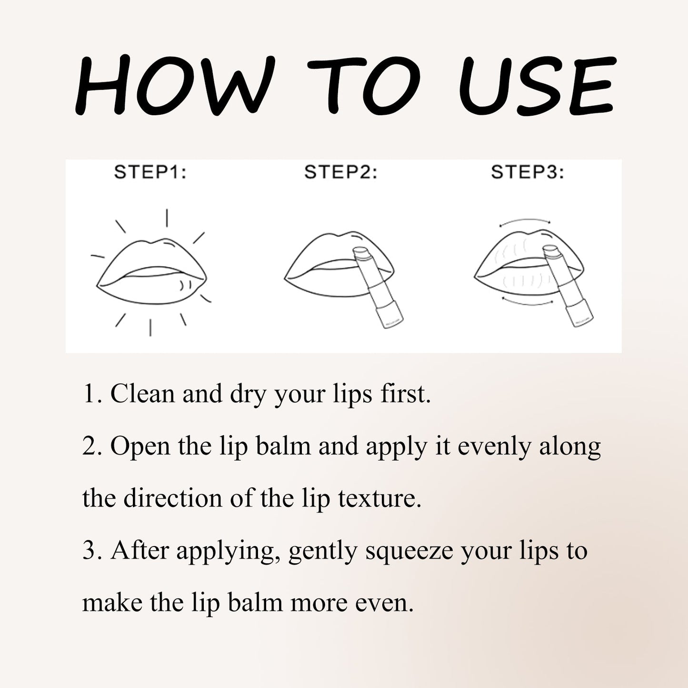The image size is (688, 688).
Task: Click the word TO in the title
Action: coord(364,85)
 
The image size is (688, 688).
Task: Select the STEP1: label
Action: coord(150,172)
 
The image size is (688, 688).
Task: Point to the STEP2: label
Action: coord(340,172)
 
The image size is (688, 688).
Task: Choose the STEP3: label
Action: coord(527,172)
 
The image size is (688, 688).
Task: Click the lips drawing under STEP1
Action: coord(151,271)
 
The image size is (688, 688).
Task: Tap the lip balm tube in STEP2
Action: coord(379,288)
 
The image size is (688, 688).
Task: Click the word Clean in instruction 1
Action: coord(142,394)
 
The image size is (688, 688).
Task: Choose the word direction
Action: coord(173,499)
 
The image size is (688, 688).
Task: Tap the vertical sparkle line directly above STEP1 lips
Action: coord(167,218)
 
